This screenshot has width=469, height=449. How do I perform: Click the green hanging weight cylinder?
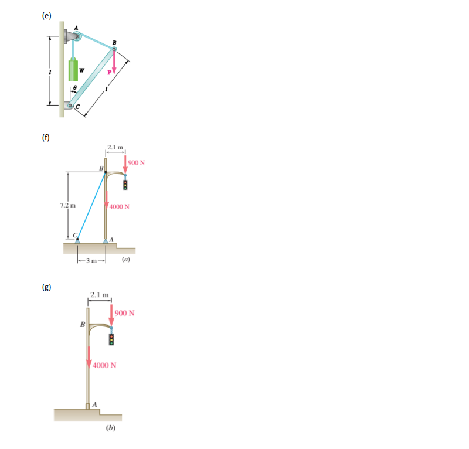point(73,70)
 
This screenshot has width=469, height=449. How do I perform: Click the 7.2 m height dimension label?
point(67,206)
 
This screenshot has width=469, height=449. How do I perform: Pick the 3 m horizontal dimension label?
point(91,260)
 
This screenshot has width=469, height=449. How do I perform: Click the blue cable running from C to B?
point(91,205)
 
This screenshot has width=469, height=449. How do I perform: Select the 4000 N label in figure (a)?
point(120,206)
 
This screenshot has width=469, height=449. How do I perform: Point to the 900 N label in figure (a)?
point(138,162)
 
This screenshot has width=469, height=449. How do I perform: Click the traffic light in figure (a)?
point(125,185)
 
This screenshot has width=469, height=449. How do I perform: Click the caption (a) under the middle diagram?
point(126,258)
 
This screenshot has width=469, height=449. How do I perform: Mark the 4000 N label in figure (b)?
point(106,365)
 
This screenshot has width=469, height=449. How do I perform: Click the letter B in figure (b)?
point(82,324)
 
